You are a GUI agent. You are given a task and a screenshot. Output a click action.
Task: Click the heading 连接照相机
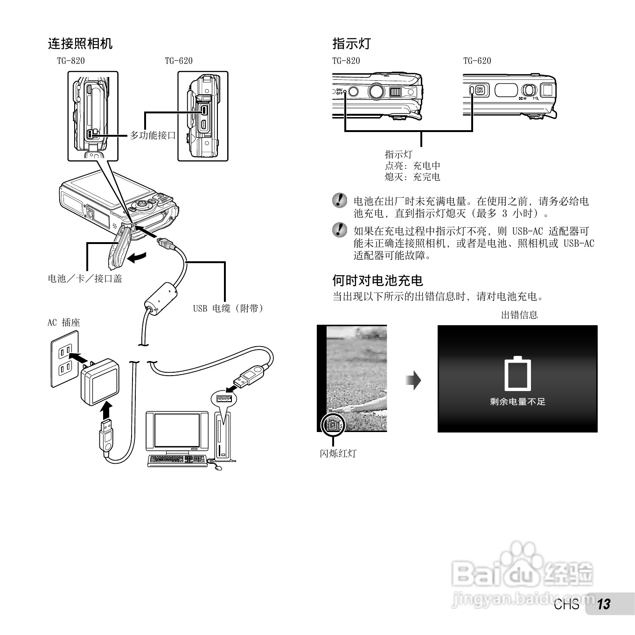click(80, 44)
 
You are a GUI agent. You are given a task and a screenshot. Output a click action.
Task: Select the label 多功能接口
click(153, 135)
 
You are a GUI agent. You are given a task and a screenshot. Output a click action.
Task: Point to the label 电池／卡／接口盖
click(85, 279)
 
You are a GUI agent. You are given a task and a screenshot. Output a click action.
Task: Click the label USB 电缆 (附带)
click(228, 308)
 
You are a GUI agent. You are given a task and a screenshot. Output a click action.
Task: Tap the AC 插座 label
click(64, 322)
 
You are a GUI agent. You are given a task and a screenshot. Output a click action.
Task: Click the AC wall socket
click(65, 359)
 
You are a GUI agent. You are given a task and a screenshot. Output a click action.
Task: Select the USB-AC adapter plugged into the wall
click(99, 381)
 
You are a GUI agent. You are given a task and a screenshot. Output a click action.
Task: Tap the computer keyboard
click(177, 460)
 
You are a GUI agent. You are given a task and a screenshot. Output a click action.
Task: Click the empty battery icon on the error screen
click(517, 374)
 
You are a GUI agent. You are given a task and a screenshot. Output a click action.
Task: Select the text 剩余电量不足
click(517, 402)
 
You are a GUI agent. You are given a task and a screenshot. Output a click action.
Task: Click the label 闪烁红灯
click(338, 454)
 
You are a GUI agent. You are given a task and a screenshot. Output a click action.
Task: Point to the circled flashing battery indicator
click(333, 425)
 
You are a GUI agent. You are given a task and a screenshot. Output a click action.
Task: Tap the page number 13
click(604, 604)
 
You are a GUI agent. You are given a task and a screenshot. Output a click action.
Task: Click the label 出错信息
click(519, 315)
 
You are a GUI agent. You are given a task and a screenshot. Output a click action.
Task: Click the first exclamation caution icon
click(340, 201)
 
